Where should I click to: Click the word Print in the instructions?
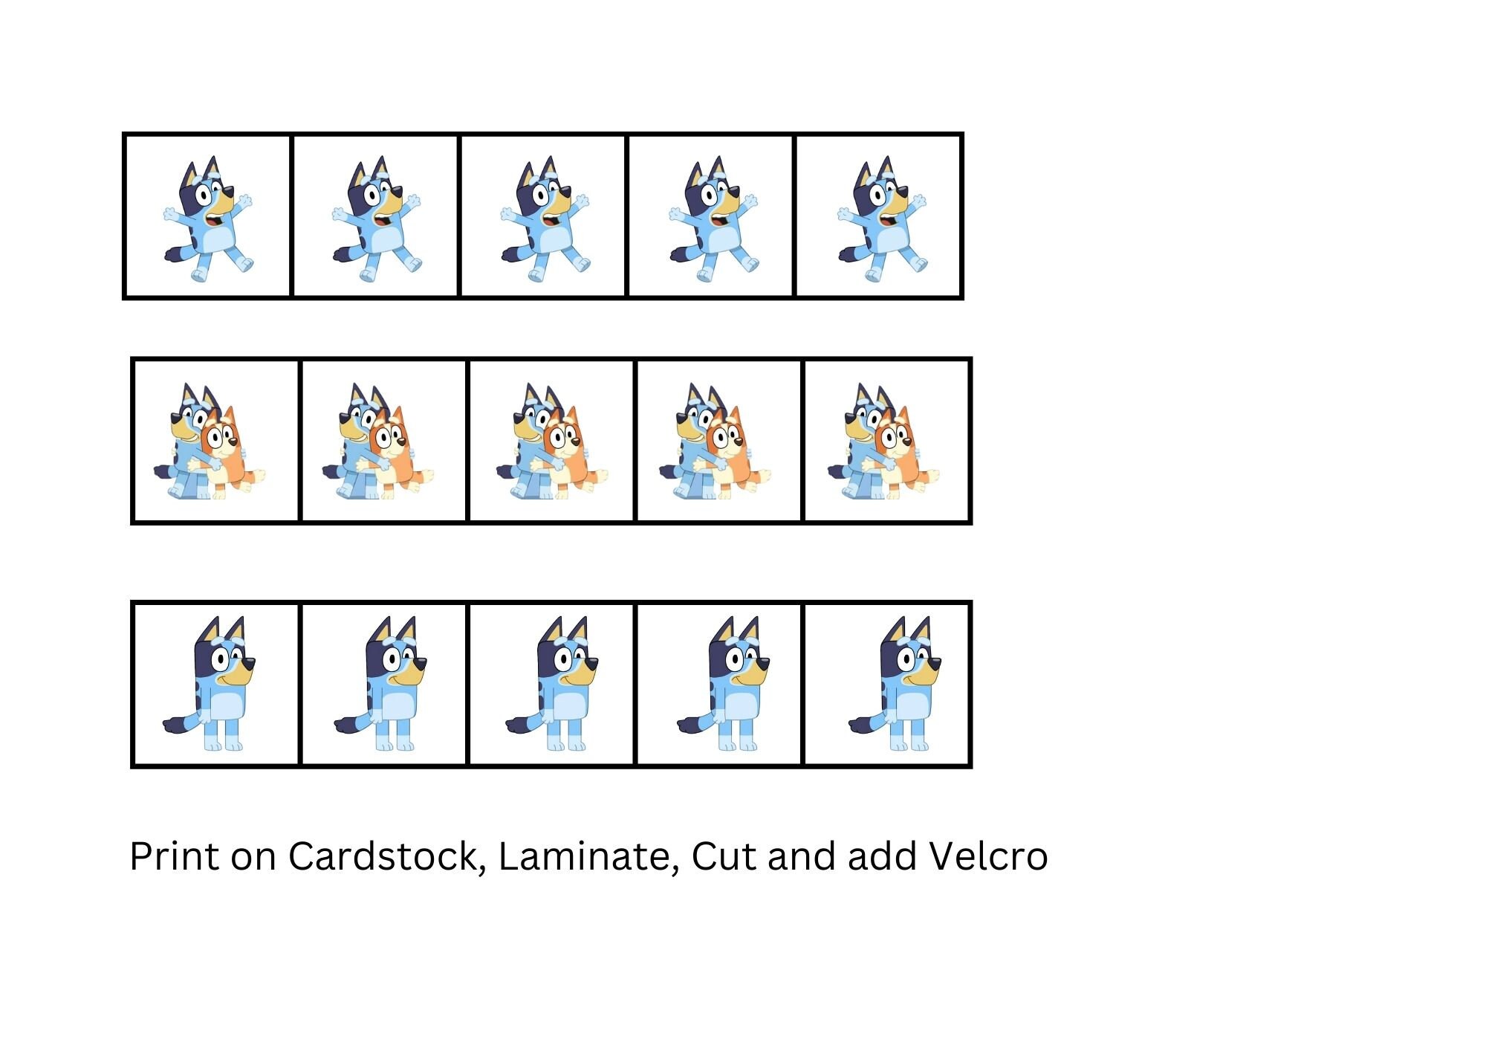(175, 857)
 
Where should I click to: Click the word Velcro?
(988, 857)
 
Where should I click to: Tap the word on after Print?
(255, 857)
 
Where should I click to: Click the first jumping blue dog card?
(208, 217)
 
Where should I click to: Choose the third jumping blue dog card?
(544, 217)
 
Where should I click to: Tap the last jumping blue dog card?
(880, 217)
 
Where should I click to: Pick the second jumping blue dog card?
(376, 217)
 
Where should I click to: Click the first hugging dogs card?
(216, 442)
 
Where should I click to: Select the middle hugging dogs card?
(552, 442)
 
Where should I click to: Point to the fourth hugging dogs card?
(719, 442)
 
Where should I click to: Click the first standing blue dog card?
(216, 685)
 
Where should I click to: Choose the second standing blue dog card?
(384, 685)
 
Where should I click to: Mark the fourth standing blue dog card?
(719, 685)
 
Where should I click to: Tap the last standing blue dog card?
(888, 685)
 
